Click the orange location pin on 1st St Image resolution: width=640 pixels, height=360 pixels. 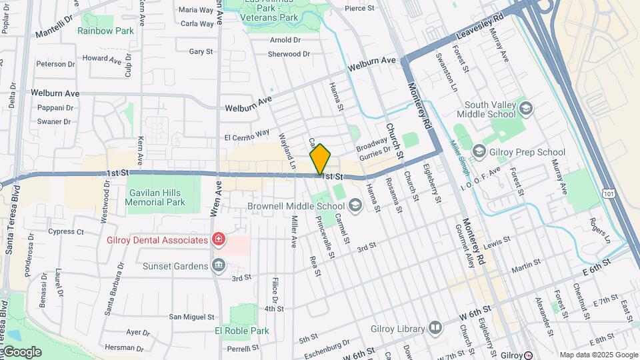point(320,160)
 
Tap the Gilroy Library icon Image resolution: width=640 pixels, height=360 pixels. point(435,327)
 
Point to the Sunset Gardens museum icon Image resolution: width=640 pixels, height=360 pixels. point(218,266)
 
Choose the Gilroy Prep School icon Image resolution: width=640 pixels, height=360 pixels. point(479,152)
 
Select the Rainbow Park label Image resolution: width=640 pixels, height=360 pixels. point(105,31)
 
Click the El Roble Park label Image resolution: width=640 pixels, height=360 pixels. point(241,331)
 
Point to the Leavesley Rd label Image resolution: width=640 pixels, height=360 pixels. point(479,27)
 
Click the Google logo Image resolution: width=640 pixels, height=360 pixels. point(22,351)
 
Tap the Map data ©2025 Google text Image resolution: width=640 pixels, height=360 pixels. point(597,355)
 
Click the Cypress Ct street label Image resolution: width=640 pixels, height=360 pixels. point(66,232)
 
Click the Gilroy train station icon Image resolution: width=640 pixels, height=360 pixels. point(528,355)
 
